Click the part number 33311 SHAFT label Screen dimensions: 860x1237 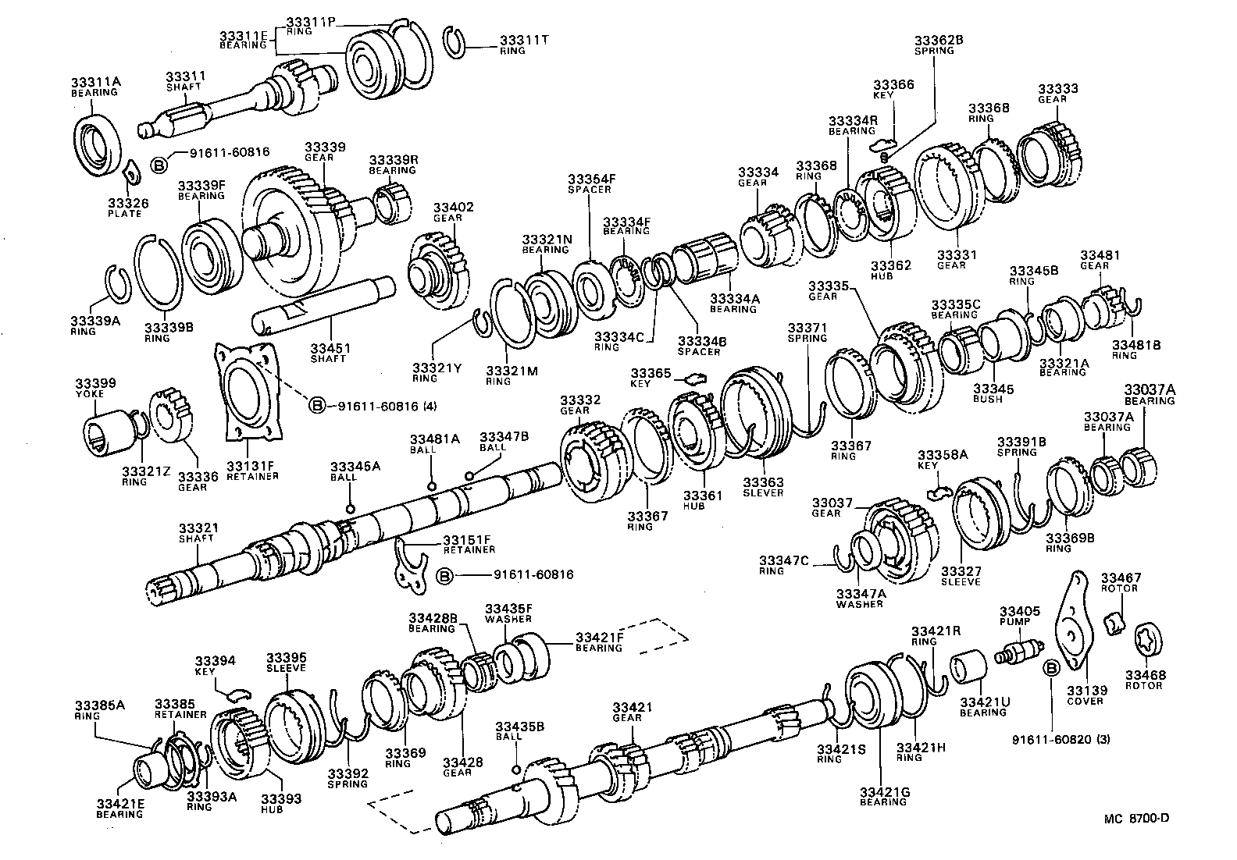(184, 81)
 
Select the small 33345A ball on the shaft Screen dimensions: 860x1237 (350, 509)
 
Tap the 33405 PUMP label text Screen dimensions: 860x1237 (1014, 616)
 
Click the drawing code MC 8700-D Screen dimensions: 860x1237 (1136, 818)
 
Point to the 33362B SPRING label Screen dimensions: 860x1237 (934, 44)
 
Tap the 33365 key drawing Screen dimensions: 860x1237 (694, 378)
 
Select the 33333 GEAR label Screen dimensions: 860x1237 (1057, 94)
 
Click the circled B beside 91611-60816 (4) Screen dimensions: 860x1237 (318, 406)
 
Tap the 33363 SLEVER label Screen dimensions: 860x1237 (762, 488)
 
